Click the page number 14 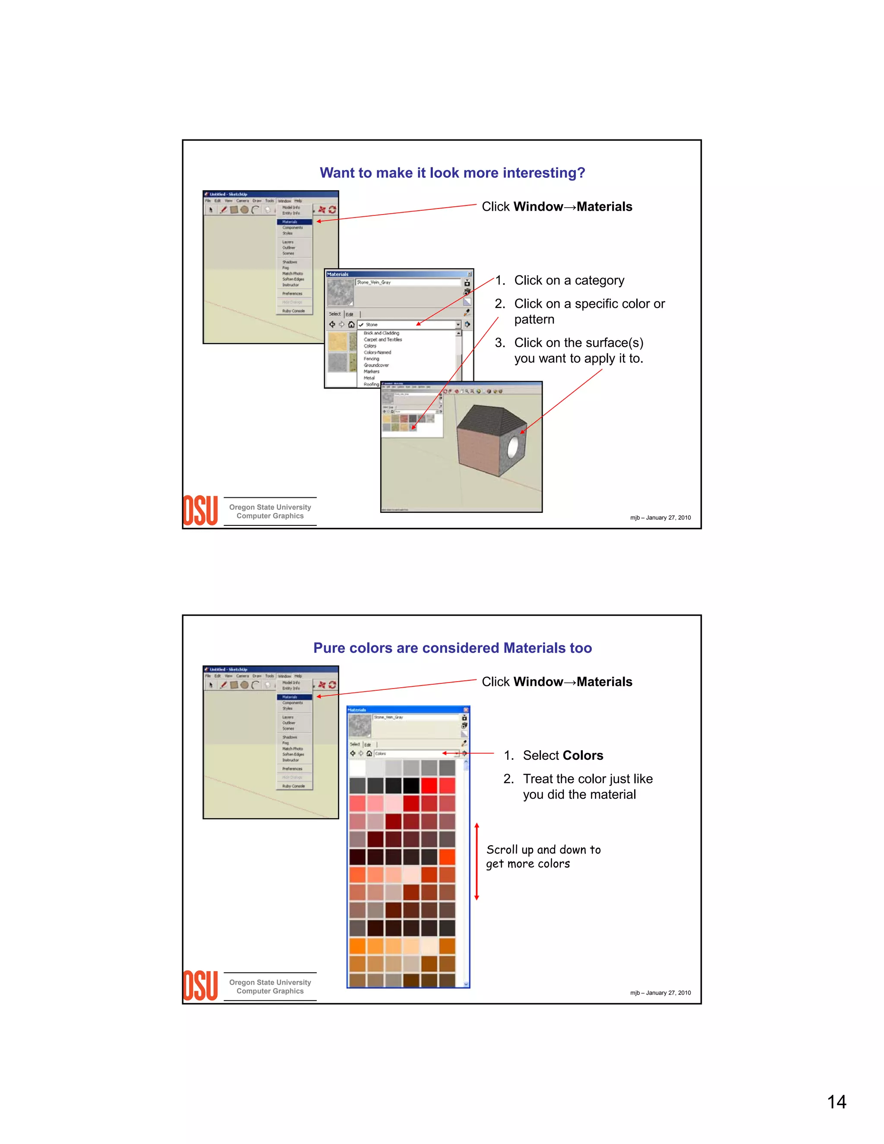pos(837,1101)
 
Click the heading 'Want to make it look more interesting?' pos(452,173)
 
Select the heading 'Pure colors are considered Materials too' pos(452,648)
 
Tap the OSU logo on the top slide pos(200,511)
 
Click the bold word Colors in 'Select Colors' pos(583,755)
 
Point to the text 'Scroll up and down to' pos(543,850)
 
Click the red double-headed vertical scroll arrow pos(477,862)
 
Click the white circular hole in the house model pos(513,446)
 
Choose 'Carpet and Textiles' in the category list pos(383,339)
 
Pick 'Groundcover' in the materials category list pos(376,365)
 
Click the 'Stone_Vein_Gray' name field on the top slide pos(407,282)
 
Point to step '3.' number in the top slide pos(499,343)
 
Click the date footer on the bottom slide pos(660,992)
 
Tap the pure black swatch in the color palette pos(411,786)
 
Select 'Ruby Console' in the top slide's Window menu pos(293,311)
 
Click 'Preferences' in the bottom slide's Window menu pos(292,768)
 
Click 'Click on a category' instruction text pos(569,280)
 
